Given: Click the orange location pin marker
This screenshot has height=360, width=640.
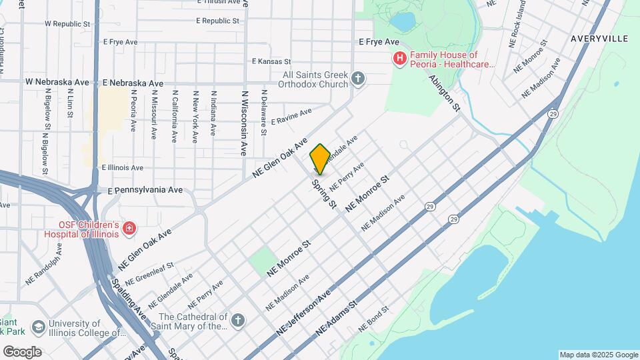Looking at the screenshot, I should point(320,159).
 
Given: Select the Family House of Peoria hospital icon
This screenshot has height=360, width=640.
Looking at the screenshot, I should point(399,59).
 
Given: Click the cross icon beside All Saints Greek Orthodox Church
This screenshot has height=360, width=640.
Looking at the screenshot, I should point(358,79).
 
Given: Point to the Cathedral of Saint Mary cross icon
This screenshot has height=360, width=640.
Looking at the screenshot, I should point(237,321).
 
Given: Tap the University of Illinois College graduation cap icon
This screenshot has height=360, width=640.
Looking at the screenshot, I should point(39,327).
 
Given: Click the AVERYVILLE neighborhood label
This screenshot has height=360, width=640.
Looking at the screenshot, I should point(599,39).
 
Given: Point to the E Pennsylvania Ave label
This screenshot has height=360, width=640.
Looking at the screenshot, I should point(145,190).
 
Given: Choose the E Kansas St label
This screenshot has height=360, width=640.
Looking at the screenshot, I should point(271,61).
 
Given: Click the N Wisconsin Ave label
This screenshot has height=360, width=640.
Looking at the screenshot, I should point(245,123).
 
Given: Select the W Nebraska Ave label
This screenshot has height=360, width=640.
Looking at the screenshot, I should point(57,82).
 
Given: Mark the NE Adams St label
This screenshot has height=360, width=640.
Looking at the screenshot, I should point(337,317).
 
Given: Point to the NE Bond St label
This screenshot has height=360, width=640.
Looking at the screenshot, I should point(373,320).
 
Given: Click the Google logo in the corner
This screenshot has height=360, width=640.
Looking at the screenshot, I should point(22,351).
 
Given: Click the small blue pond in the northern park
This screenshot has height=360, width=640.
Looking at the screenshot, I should point(403,22).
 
